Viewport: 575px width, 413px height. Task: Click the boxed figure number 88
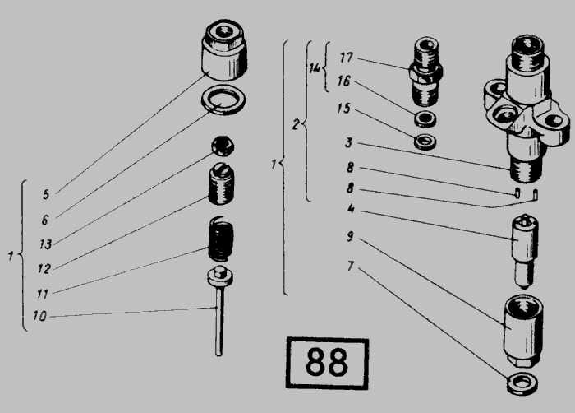[x=326, y=363]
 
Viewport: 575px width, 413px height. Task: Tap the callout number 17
[x=347, y=58]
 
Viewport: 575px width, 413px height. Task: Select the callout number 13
[x=45, y=244]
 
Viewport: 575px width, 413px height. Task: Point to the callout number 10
[x=39, y=316]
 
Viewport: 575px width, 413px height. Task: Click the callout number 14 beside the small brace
[x=315, y=68]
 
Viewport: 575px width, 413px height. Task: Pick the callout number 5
[x=46, y=194]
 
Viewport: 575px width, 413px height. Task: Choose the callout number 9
[x=351, y=236]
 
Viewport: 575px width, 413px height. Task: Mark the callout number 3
[x=349, y=142]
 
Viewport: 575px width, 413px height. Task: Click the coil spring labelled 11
[x=221, y=239]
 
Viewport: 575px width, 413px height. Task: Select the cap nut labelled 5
[x=224, y=49]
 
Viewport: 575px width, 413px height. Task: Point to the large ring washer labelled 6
[x=223, y=100]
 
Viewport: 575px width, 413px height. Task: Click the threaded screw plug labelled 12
[x=221, y=183]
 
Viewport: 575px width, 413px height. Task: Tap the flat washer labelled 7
[x=522, y=384]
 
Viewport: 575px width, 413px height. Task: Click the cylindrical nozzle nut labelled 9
[x=523, y=331]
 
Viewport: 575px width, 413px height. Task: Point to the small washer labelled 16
[x=425, y=119]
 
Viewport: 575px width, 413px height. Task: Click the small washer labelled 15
[x=425, y=142]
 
